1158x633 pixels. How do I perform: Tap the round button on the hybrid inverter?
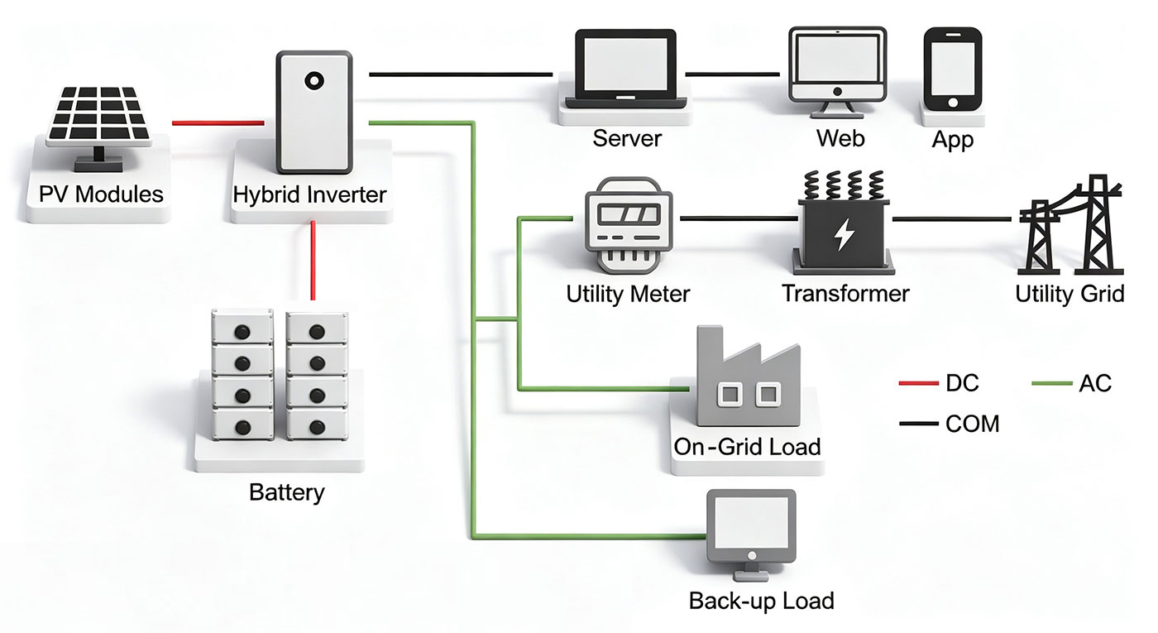click(x=313, y=81)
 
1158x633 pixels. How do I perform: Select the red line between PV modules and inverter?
click(x=218, y=123)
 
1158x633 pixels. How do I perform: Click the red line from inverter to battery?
click(x=313, y=261)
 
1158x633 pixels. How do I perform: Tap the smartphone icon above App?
click(x=953, y=70)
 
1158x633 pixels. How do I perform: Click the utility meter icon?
click(x=629, y=225)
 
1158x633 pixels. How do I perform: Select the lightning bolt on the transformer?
click(x=844, y=235)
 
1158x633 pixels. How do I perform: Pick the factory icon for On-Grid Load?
click(x=748, y=376)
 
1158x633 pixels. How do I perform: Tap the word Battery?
click(x=287, y=492)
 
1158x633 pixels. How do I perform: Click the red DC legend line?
click(x=919, y=383)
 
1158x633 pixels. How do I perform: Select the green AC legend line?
click(x=1052, y=383)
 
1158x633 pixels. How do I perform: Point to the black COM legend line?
click(x=919, y=424)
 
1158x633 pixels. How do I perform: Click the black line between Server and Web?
click(x=733, y=74)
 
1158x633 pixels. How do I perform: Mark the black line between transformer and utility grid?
click(x=952, y=219)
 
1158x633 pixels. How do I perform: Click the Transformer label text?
click(x=845, y=294)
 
